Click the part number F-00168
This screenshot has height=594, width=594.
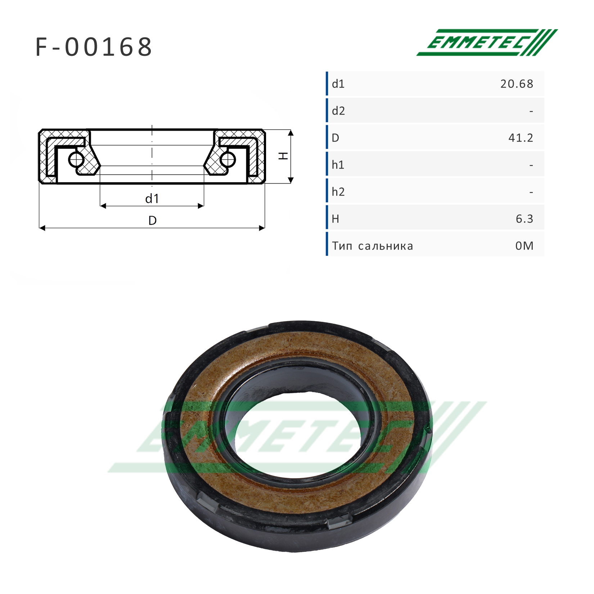coord(94,47)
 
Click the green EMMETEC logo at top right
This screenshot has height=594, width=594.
coord(487,42)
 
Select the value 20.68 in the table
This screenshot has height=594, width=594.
coord(517,84)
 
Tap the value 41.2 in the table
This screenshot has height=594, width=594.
coord(521,138)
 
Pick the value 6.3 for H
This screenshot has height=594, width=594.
coord(525,219)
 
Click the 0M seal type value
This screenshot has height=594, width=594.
coord(524,246)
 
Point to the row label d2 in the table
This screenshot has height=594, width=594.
coord(338,111)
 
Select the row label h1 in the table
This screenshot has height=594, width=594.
coord(338,165)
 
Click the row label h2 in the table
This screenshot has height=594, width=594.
coord(338,192)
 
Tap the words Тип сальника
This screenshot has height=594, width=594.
coord(373,246)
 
